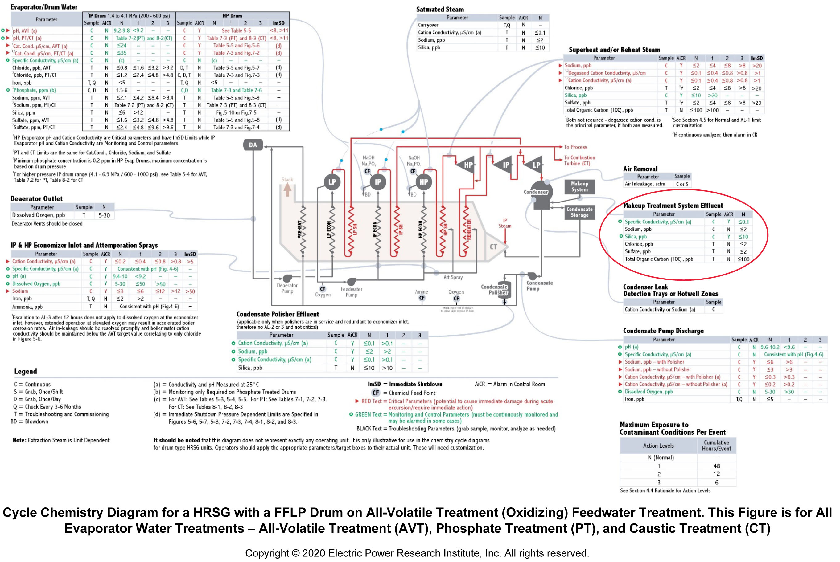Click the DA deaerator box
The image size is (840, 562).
click(x=253, y=145)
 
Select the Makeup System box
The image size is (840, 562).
click(x=579, y=187)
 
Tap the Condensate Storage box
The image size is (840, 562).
click(x=579, y=212)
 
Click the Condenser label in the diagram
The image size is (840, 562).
click(x=536, y=192)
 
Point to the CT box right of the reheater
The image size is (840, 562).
click(x=493, y=246)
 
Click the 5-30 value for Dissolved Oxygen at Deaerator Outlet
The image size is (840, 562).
click(x=104, y=215)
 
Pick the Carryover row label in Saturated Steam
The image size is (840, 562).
click(x=428, y=25)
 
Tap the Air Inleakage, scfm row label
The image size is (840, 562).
click(x=644, y=184)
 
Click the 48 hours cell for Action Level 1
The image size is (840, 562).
click(x=716, y=466)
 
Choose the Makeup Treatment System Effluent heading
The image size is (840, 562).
click(x=673, y=206)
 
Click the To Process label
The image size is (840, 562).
click(x=575, y=147)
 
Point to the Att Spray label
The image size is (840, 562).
click(x=453, y=277)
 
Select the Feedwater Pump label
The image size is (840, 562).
click(x=351, y=292)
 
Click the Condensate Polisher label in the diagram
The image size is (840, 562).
click(x=494, y=290)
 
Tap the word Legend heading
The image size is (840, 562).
click(x=26, y=371)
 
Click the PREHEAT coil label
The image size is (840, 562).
click(x=299, y=229)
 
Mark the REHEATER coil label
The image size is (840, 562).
click(x=469, y=229)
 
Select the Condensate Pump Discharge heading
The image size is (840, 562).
click(x=663, y=331)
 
